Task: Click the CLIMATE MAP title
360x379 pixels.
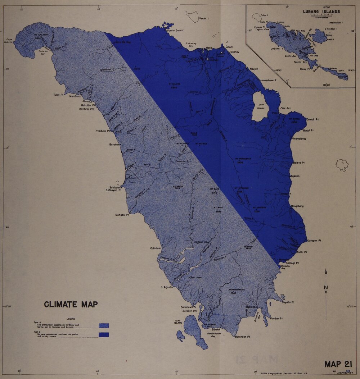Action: coord(71,305)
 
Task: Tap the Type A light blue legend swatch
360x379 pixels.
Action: coord(104,325)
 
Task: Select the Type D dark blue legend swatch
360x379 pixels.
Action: coord(104,335)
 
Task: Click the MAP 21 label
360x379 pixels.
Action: coord(339,364)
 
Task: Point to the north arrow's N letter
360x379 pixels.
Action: coord(326,287)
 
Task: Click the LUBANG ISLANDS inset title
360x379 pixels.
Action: coord(321,12)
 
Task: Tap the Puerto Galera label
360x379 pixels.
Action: coord(175,31)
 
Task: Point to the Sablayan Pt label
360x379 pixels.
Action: coord(113,190)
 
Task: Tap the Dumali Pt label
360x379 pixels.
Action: coord(313,119)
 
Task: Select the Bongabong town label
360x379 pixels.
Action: coord(297,206)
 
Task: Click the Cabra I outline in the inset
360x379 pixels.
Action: coord(256,17)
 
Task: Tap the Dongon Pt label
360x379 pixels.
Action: coord(122,215)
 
